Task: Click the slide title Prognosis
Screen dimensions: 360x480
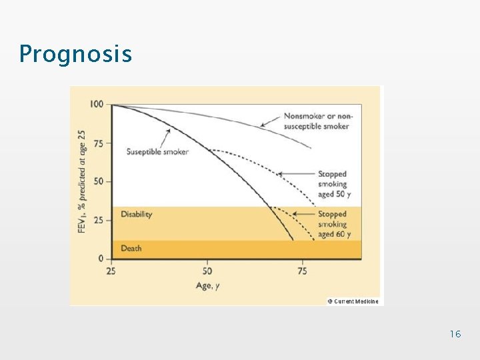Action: tap(75, 53)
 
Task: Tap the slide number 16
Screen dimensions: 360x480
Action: tap(455, 333)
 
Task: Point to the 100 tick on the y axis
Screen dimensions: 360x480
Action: tap(97, 104)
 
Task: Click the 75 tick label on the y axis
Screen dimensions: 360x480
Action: tap(99, 143)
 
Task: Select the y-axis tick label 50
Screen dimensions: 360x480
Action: tap(99, 181)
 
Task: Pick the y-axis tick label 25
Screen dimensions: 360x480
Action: tap(99, 220)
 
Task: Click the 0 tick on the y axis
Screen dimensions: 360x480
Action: tap(101, 258)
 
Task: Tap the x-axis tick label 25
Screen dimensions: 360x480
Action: tap(111, 271)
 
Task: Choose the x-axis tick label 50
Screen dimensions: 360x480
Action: tap(207, 271)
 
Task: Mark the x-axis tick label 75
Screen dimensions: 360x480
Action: tap(302, 271)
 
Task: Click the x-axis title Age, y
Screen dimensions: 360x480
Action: tap(207, 285)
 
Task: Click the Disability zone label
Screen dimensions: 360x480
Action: tap(136, 214)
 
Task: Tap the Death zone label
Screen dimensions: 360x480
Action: tap(131, 248)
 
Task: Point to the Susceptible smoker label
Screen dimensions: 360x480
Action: tap(157, 151)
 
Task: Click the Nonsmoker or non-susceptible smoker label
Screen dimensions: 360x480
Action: tap(317, 121)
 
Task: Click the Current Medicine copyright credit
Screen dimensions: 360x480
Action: tap(353, 301)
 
